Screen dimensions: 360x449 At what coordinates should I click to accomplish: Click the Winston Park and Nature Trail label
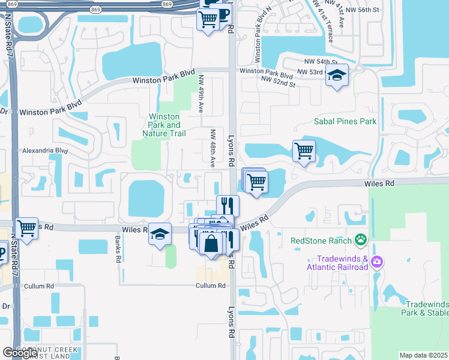pyautogui.click(x=164, y=125)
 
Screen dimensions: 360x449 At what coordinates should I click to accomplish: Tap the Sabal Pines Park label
pyautogui.click(x=345, y=121)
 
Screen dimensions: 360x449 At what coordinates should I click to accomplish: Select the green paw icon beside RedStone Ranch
pyautogui.click(x=360, y=241)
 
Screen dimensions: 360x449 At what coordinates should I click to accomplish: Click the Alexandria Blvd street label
pyautogui.click(x=44, y=151)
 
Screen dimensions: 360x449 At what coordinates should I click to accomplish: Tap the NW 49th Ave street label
pyautogui.click(x=202, y=94)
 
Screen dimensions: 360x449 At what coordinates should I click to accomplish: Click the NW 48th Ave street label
pyautogui.click(x=212, y=148)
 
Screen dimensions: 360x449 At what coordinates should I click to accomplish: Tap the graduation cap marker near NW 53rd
pyautogui.click(x=337, y=76)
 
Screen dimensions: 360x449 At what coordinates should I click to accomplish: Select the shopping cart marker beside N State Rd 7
pyautogui.click(x=27, y=228)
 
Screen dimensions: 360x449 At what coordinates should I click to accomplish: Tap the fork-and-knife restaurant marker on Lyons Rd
pyautogui.click(x=228, y=205)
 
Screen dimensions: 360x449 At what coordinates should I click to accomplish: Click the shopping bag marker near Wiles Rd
pyautogui.click(x=211, y=244)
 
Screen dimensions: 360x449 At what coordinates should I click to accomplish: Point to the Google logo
pyautogui.click(x=20, y=353)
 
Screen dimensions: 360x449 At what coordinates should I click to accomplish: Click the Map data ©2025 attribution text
pyautogui.click(x=424, y=355)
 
